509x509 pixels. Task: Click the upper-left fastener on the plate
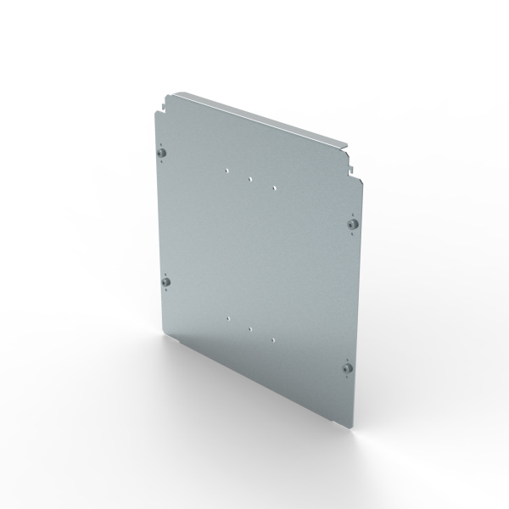[164, 153]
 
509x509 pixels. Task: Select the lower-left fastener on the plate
[166, 281]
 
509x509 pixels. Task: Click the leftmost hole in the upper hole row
[227, 169]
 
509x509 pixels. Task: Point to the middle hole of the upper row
[250, 179]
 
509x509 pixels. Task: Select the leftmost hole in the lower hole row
[229, 316]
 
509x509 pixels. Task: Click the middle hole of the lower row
[251, 327]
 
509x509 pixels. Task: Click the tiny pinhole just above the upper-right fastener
[351, 211]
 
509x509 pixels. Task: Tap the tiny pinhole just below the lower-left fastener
[166, 293]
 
